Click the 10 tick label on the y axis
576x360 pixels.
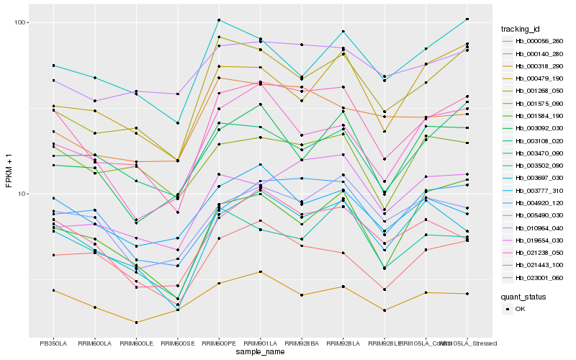click(x=22, y=194)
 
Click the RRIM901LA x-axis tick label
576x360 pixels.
click(x=260, y=343)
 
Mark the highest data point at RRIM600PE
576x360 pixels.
click(x=219, y=19)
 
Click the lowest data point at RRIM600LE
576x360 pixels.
click(x=136, y=323)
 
